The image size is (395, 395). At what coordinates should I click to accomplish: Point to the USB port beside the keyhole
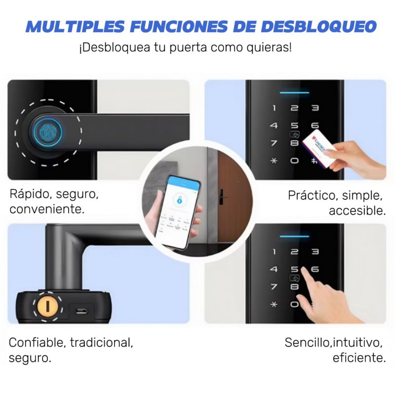click(x=82, y=311)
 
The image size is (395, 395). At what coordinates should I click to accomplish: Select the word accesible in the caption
click(x=356, y=211)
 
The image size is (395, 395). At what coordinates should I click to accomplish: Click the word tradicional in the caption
click(x=101, y=342)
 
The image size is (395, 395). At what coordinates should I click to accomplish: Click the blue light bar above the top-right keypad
click(x=295, y=92)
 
